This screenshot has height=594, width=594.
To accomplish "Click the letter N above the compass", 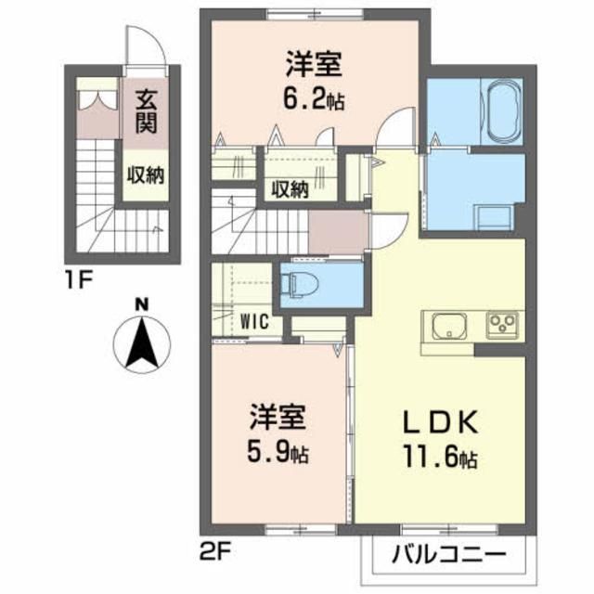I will (x=142, y=303).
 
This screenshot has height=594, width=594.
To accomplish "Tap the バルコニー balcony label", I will (x=448, y=557).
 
